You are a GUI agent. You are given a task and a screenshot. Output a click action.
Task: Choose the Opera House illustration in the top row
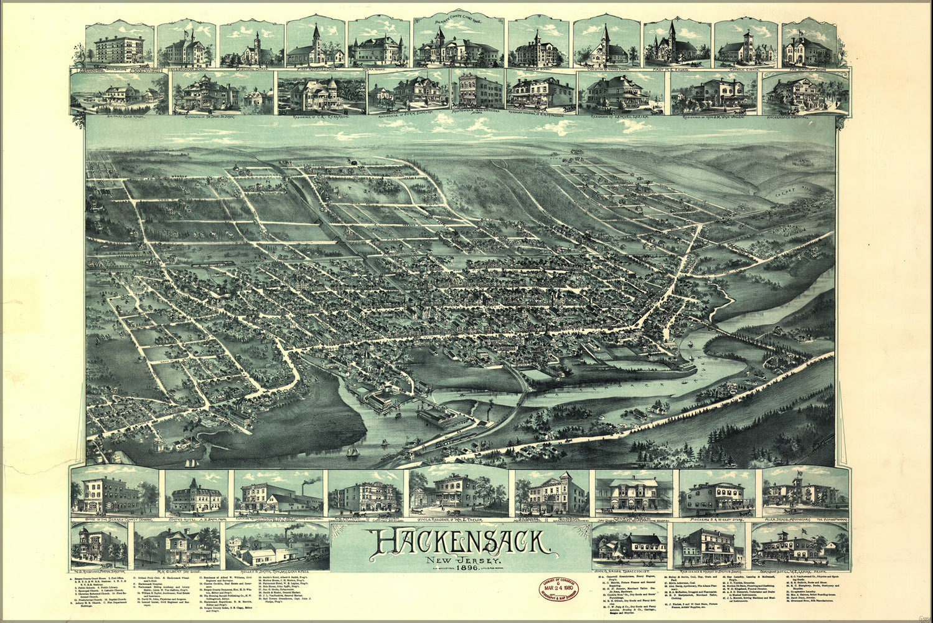click(378, 44)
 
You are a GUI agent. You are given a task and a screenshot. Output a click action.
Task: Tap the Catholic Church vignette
click(744, 44)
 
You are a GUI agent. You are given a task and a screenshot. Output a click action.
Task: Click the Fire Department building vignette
click(807, 44)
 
